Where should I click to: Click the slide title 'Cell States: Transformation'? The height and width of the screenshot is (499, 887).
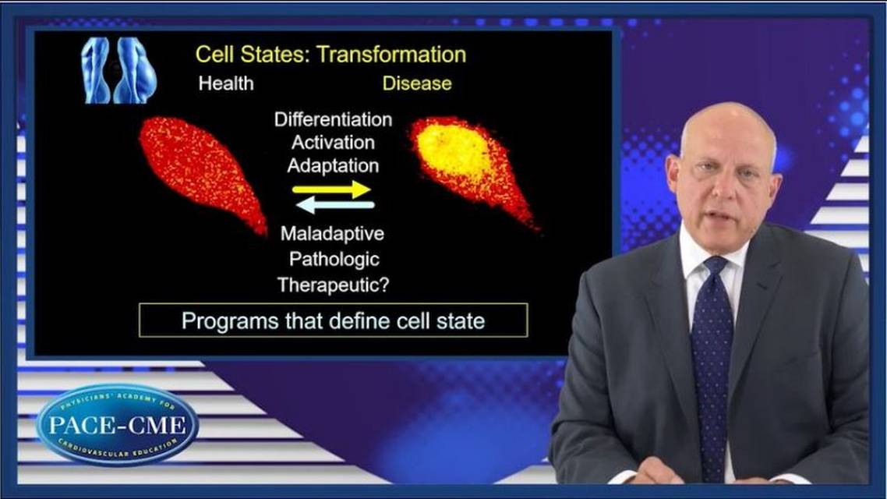(330, 55)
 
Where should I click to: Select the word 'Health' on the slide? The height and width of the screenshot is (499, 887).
(226, 83)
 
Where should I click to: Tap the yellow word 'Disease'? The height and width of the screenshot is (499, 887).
(416, 83)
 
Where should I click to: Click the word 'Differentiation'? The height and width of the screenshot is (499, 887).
(333, 120)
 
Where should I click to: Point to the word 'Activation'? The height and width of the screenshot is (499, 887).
(333, 143)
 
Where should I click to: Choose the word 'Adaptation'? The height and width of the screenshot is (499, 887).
(333, 165)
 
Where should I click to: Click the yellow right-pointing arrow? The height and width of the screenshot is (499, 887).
(331, 189)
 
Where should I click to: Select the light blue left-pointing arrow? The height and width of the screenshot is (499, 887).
(336, 205)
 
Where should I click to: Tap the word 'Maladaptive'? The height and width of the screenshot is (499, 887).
(333, 232)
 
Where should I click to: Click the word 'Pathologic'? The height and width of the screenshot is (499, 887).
(334, 258)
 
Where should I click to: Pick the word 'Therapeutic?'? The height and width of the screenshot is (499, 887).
(334, 285)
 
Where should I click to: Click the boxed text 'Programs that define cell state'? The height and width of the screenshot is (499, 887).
(333, 321)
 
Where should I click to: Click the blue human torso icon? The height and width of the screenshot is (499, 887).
(119, 70)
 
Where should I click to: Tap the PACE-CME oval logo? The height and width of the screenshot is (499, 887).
(117, 426)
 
